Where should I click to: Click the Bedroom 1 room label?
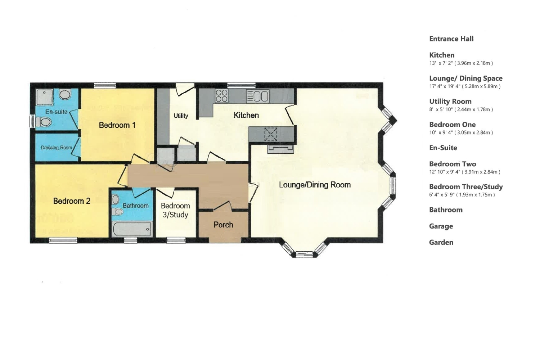click(x=117, y=125)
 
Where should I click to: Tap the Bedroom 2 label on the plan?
click(x=72, y=201)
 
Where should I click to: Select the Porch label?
click(x=223, y=225)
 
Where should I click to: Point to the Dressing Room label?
click(x=57, y=148)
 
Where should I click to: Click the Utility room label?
click(x=181, y=116)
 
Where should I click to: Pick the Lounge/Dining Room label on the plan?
click(x=315, y=185)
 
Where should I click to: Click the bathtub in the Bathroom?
click(x=132, y=228)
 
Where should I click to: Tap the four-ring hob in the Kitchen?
click(x=221, y=96)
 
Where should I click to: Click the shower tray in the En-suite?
click(x=44, y=97)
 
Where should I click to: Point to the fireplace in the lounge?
click(x=281, y=149)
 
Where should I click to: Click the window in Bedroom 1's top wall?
click(x=105, y=86)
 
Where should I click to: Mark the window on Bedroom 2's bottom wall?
click(x=63, y=240)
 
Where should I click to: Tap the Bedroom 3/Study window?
click(x=176, y=240)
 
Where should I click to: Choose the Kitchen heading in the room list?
click(x=442, y=55)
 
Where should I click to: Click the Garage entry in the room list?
click(x=441, y=226)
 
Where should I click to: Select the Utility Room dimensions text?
click(x=461, y=109)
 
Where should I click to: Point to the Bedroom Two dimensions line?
click(x=464, y=172)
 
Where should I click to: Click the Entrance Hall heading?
click(x=451, y=39)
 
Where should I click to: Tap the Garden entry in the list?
click(x=441, y=242)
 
